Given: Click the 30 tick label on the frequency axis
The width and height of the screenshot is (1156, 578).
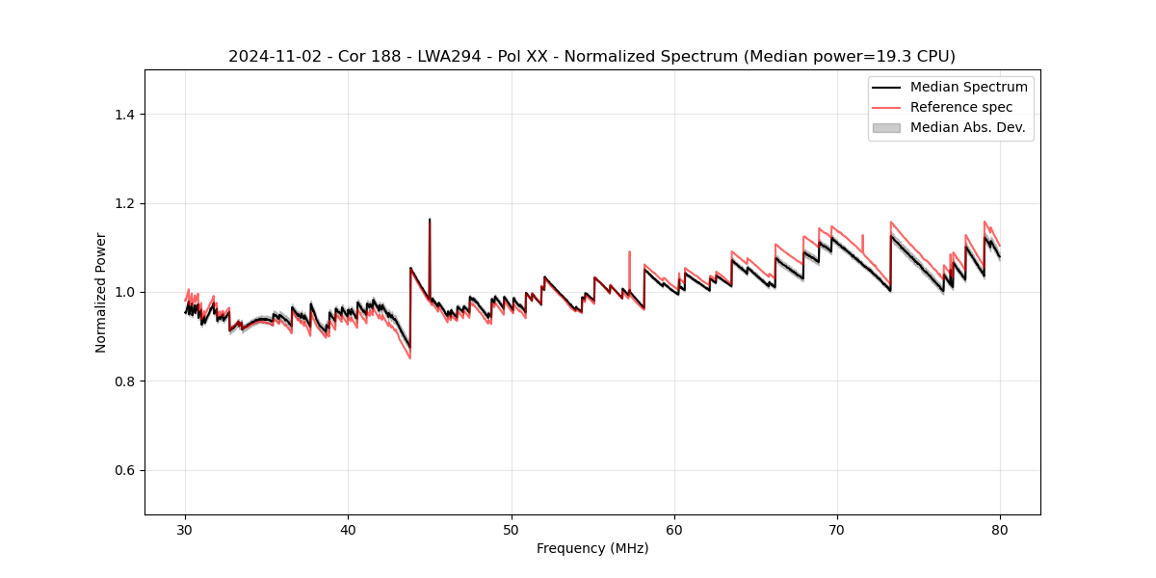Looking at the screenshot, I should [x=186, y=529].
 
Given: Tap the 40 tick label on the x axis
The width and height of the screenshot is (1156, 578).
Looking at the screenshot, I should [x=349, y=529].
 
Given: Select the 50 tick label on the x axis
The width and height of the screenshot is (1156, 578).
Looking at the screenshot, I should [x=512, y=529].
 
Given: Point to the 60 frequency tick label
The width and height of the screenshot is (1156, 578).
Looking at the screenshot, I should [x=674, y=529].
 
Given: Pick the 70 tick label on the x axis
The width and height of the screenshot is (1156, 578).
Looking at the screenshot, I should [x=837, y=529].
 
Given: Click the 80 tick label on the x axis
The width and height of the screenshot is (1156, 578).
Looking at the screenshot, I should [x=1000, y=529].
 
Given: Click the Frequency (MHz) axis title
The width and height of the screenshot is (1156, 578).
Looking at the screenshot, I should [x=592, y=548].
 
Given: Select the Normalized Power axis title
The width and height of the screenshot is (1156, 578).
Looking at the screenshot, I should [x=101, y=292].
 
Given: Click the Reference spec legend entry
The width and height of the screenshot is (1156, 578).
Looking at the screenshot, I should [x=961, y=107].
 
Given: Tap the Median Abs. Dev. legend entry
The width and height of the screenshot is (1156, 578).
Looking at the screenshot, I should [x=967, y=127].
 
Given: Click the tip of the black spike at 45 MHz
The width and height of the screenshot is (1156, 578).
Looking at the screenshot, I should [x=430, y=220].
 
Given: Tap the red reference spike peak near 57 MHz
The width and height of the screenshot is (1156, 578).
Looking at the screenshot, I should [x=629, y=252].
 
